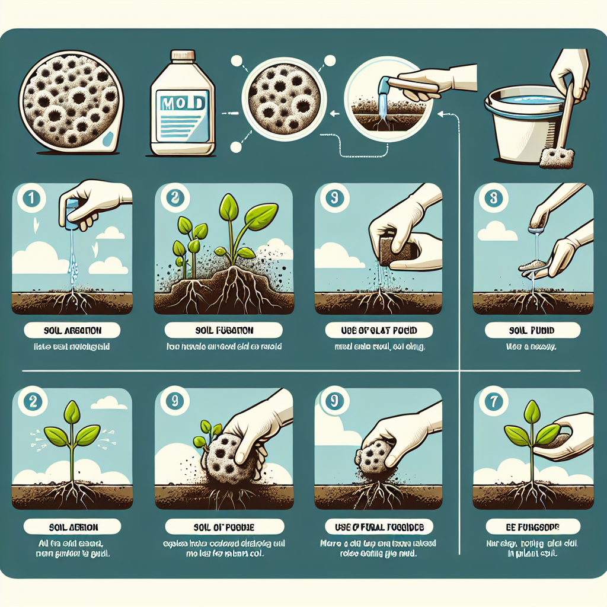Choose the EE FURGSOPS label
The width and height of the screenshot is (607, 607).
[532, 526]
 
